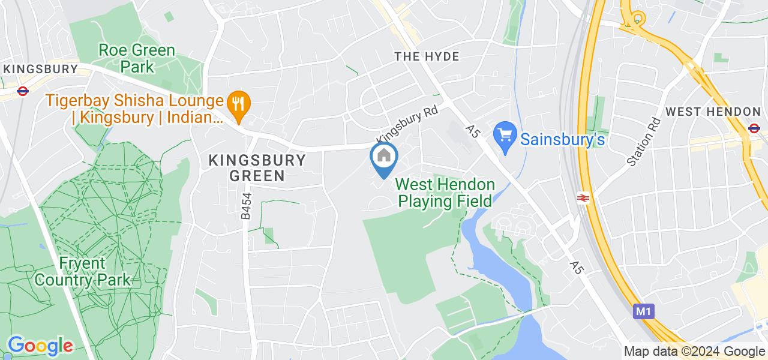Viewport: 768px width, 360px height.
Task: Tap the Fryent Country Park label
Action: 82,272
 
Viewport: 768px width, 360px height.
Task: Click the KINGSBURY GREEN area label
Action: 257,168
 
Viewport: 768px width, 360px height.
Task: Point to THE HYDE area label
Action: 427,56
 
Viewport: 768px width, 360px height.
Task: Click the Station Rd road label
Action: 643,142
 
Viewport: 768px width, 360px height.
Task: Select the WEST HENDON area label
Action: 713,112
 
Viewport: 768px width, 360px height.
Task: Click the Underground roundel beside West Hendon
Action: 754,127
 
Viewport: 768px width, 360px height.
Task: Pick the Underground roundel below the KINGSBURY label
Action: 23,91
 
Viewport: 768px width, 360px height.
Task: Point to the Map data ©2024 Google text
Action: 694,352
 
